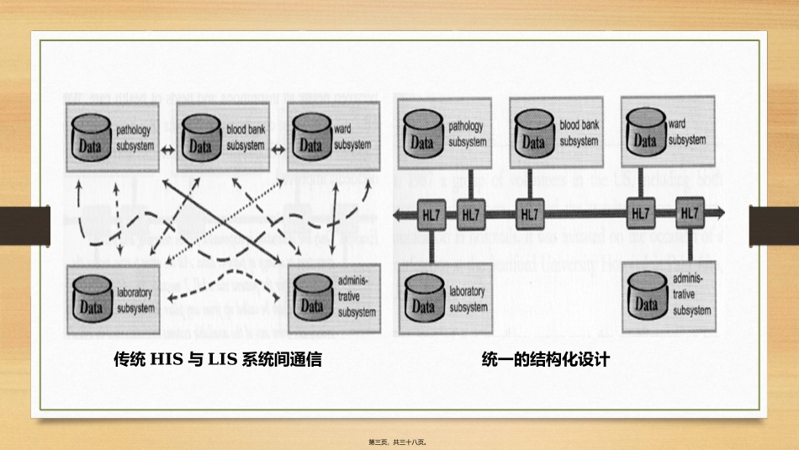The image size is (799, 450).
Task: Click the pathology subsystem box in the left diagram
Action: [113, 137]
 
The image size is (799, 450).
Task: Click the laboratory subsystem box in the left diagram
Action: [113, 301]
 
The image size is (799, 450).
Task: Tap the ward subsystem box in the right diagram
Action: [669, 133]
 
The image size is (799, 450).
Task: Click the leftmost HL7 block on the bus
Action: [429, 214]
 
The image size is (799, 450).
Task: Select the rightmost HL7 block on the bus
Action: [691, 214]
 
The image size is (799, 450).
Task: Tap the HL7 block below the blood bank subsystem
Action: [530, 214]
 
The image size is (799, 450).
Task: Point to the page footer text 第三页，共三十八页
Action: [399, 441]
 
